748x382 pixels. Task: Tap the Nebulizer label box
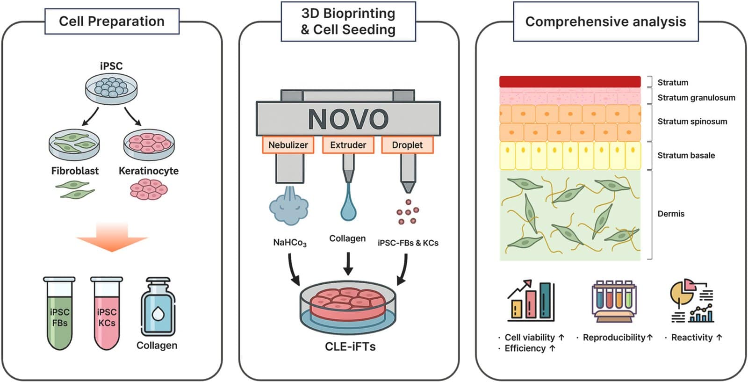point(288,145)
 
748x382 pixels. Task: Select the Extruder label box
point(348,145)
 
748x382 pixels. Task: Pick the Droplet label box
point(407,145)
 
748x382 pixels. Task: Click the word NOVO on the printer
point(348,119)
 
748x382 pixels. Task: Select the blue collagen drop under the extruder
point(348,208)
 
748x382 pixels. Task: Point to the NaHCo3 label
point(290,243)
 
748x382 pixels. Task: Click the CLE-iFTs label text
point(350,346)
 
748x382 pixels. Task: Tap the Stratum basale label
point(686,155)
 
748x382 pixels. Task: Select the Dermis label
point(671,214)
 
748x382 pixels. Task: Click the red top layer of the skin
point(569,82)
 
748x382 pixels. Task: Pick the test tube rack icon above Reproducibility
point(614,302)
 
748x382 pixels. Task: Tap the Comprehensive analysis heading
point(605,22)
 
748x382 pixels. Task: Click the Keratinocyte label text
point(149,171)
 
